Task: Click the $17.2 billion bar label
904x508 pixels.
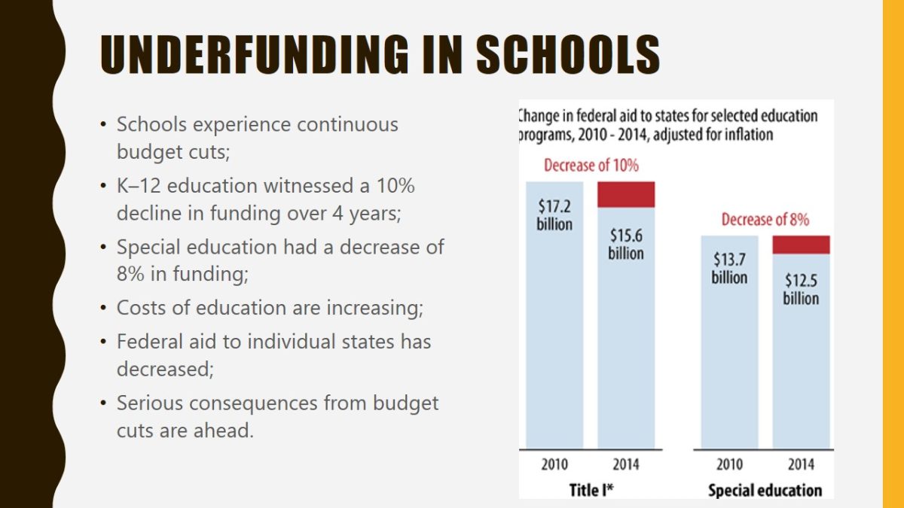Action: [554, 214]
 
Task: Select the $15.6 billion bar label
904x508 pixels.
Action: [626, 244]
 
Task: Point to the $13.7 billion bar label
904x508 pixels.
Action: [729, 268]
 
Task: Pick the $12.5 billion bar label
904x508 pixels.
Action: [801, 289]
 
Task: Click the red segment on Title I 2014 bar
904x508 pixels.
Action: [626, 194]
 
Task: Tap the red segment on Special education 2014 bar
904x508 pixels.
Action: [801, 245]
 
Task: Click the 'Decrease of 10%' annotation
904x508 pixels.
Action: [591, 166]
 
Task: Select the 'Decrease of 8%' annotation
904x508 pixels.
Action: [765, 220]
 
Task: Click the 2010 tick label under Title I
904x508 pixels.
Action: [554, 464]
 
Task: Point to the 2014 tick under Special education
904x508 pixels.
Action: [801, 464]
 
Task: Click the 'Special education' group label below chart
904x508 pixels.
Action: [765, 490]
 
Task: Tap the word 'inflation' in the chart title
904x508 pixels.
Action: [747, 135]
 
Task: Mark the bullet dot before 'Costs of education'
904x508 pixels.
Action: [103, 309]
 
